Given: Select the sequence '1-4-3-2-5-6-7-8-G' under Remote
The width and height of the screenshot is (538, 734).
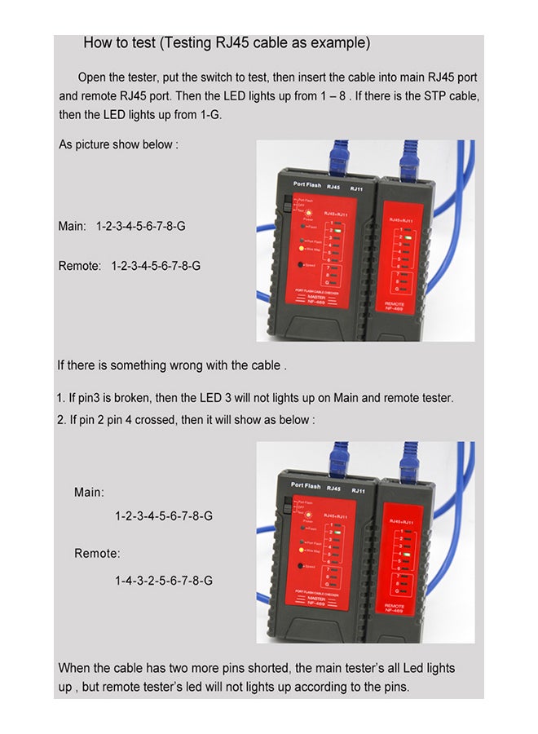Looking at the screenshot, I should click(164, 580).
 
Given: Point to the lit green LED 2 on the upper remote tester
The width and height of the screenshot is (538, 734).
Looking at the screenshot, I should click(406, 233).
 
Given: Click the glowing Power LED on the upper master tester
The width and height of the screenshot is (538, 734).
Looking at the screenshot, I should click(310, 212).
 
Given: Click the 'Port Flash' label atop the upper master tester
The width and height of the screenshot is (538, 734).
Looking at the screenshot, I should click(301, 185).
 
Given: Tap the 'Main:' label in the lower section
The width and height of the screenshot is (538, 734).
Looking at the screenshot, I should click(89, 492).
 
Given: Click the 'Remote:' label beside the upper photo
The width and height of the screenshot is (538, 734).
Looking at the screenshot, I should click(80, 266).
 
